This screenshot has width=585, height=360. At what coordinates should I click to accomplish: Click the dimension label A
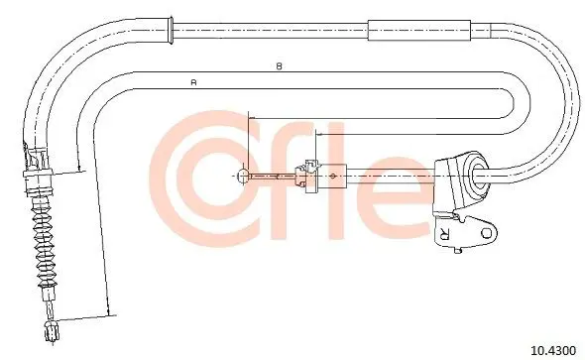[x=193, y=82]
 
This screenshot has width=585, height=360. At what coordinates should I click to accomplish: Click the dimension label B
[x=279, y=66]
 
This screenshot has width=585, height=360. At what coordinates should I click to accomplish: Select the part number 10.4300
[x=553, y=350]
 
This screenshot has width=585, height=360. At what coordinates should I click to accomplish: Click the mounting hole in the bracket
[x=487, y=233]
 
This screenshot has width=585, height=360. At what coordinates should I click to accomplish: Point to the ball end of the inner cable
[x=243, y=176]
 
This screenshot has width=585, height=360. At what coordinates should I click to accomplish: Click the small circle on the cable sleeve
[x=333, y=176]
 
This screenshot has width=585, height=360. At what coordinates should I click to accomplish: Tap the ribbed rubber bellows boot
[x=44, y=244]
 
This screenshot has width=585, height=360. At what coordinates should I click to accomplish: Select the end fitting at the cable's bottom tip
[x=52, y=331]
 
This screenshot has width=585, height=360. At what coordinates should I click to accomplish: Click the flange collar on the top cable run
[x=171, y=31]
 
